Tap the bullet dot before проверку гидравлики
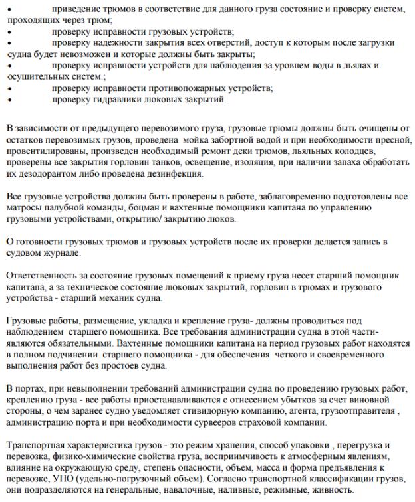[8, 100]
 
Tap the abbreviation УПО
[71, 478]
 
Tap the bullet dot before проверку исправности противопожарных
[8, 88]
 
